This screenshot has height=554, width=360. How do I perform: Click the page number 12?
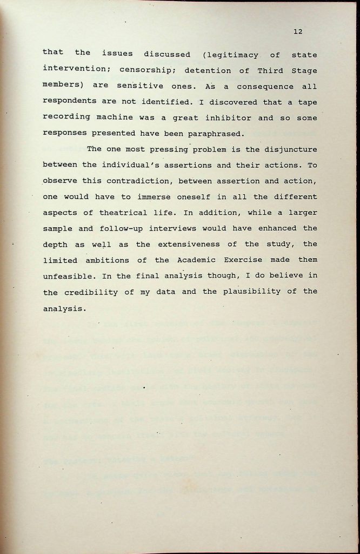(298, 31)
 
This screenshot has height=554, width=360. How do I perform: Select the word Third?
(257, 70)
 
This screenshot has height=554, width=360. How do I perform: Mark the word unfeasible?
(68, 276)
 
